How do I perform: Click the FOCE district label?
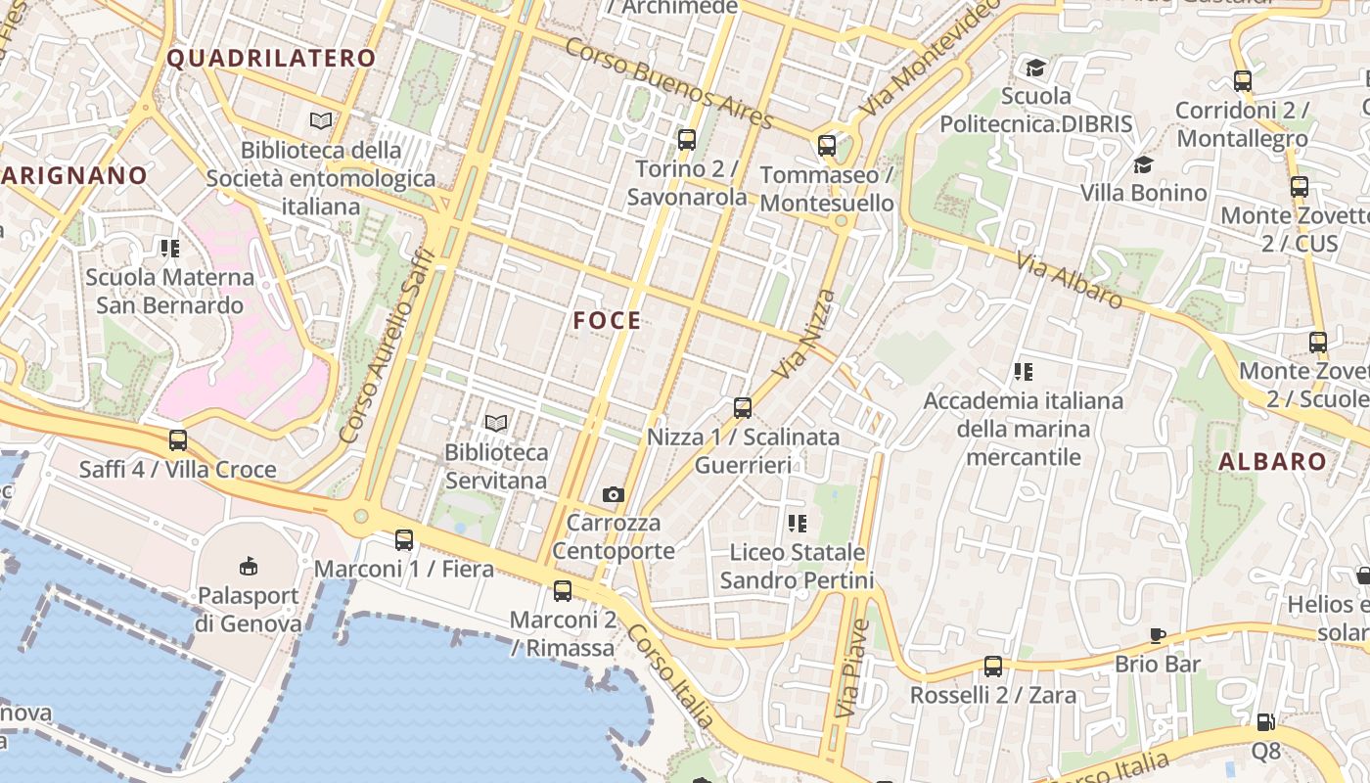tap(607, 320)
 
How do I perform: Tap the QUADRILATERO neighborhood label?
tap(271, 58)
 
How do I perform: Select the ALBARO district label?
tap(1272, 462)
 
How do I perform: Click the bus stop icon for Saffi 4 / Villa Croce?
tap(177, 440)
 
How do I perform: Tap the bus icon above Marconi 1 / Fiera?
tap(403, 539)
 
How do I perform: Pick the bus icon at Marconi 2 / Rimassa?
tap(562, 590)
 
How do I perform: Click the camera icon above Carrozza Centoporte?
tap(614, 494)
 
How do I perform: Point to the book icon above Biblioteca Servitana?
tap(496, 423)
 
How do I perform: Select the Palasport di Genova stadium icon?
tap(248, 565)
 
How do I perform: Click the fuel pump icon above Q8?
tap(1265, 722)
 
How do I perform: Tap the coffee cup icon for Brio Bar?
tap(1158, 635)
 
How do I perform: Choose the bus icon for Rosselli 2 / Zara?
tap(993, 667)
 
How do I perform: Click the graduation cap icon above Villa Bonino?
tap(1143, 163)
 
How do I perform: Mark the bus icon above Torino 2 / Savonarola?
tap(686, 140)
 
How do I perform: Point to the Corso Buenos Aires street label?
tap(669, 84)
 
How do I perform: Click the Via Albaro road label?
tap(1069, 280)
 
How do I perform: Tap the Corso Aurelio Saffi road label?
tap(387, 344)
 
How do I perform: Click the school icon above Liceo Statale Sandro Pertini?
tap(798, 524)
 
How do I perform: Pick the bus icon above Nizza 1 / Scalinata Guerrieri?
tap(743, 408)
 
